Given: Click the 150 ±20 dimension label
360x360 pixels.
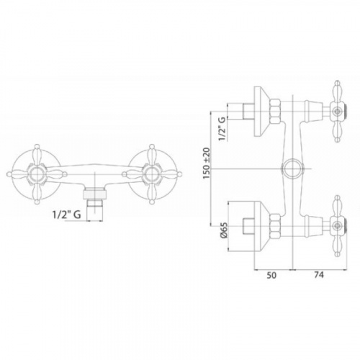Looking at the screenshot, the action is (x=207, y=163).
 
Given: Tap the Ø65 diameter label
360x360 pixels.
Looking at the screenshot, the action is (x=223, y=231).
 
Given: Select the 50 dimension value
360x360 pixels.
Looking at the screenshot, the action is (x=271, y=275).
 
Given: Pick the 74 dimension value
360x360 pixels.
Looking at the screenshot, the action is (x=318, y=275).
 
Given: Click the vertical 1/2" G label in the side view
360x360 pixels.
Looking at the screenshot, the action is (x=222, y=129).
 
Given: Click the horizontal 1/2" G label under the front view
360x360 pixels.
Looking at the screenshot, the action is (x=66, y=215).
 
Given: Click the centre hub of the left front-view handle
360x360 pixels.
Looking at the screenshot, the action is (x=37, y=174).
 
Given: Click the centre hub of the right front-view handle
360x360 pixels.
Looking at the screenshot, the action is (x=151, y=174).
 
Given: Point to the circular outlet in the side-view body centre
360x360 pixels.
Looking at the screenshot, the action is (x=293, y=168).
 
